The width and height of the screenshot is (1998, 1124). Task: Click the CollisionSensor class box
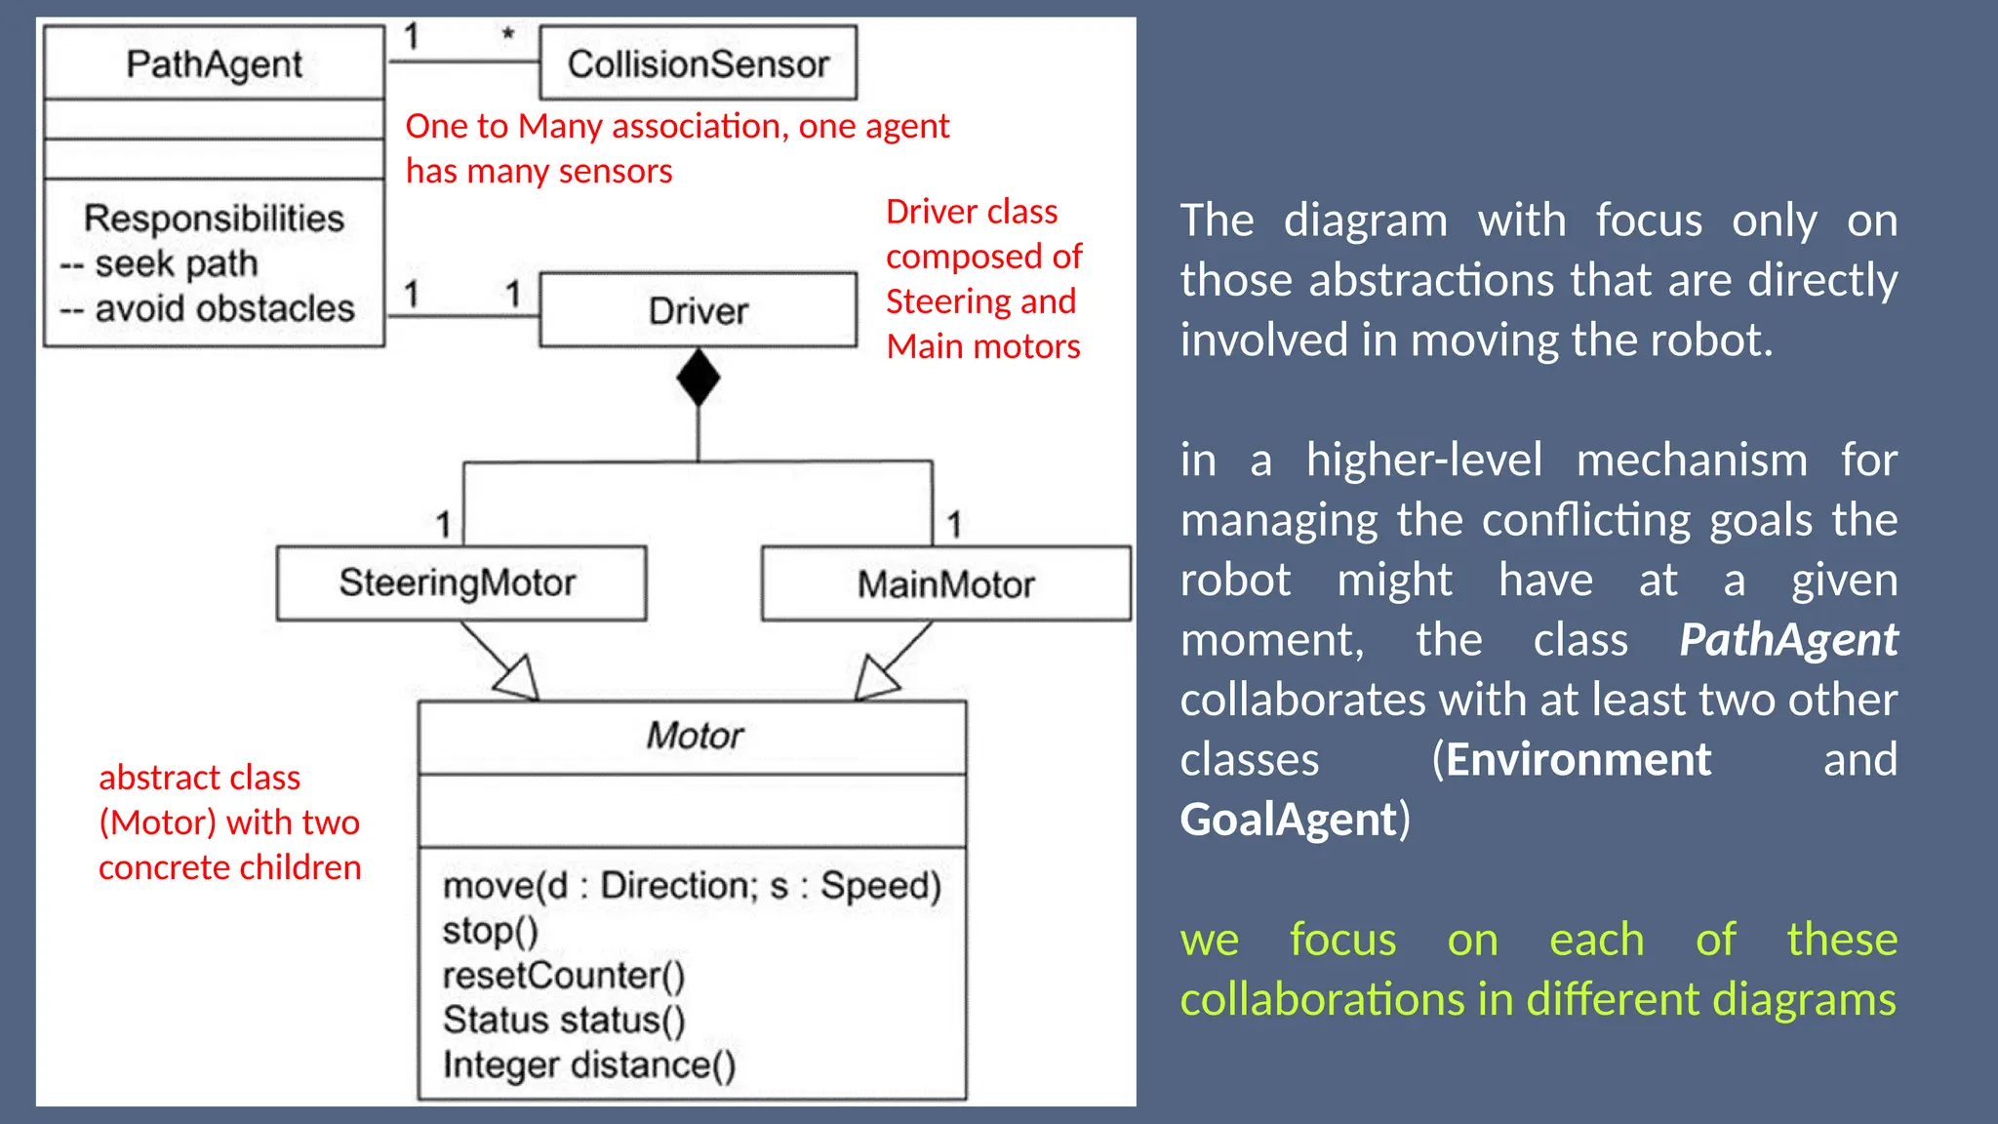tap(698, 64)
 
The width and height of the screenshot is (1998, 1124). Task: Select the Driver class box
tap(698, 310)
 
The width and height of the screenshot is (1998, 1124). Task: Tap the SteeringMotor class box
tap(460, 582)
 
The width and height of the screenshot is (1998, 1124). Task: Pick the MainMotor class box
tap(945, 583)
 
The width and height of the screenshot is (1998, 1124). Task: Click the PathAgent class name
tap(214, 64)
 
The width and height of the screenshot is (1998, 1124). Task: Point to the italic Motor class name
tap(694, 736)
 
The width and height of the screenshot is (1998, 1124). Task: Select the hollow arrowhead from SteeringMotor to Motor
tap(518, 677)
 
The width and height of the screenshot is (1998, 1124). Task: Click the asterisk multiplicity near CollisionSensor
tap(507, 36)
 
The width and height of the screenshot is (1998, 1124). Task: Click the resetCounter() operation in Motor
tap(563, 975)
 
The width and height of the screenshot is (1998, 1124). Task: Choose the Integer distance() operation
tap(588, 1064)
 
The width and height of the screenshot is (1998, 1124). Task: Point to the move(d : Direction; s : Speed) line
tap(691, 885)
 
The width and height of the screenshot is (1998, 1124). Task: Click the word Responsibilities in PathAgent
tap(214, 218)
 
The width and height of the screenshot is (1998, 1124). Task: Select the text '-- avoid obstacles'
tap(207, 308)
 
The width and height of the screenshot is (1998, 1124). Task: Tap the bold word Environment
tap(1578, 759)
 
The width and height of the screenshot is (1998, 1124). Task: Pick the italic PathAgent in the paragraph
tap(1787, 640)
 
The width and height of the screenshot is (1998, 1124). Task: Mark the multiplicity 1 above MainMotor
tap(954, 524)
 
